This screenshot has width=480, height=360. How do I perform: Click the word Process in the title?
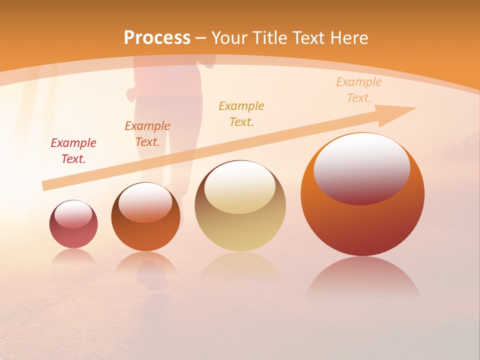point(157,38)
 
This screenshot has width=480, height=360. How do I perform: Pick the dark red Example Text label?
point(73,150)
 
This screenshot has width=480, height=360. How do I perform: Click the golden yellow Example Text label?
point(241,113)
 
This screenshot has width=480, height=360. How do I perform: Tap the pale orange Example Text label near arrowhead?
point(358,89)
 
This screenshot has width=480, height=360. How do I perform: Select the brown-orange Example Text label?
point(147,133)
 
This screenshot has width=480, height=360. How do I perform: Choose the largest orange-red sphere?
point(362,220)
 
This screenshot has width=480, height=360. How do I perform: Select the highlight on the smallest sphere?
point(73,213)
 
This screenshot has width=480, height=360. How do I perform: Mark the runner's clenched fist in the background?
point(131,94)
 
